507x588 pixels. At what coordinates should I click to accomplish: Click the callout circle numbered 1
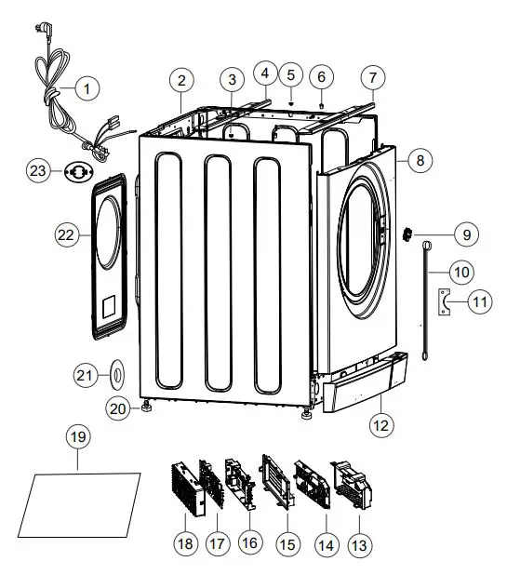[x=87, y=89]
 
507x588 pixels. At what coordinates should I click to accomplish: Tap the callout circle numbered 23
[x=37, y=170]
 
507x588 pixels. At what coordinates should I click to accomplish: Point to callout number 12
[x=383, y=427]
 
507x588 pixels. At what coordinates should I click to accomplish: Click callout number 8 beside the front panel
[x=420, y=160]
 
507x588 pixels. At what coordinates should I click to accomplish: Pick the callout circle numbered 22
[x=66, y=236]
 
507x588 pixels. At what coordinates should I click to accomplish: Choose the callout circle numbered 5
[x=291, y=73]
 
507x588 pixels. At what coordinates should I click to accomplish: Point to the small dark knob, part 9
[x=407, y=235]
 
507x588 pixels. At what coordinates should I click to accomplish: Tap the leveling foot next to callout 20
[x=146, y=406]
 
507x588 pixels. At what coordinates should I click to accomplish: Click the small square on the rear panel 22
[x=109, y=304]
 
